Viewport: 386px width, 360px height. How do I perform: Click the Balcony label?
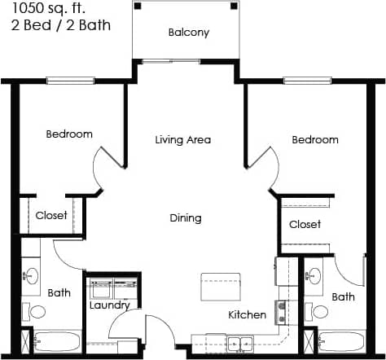point(189,33)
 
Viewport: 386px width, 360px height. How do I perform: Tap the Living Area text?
point(183,140)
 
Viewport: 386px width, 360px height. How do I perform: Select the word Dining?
point(186,218)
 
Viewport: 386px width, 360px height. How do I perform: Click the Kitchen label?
point(248,314)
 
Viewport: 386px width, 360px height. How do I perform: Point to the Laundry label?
point(110,305)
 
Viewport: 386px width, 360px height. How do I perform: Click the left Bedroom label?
point(69,134)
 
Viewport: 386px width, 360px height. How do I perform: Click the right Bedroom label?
point(315,140)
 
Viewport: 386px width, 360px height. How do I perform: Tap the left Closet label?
point(52,216)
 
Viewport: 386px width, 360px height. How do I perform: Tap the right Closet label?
point(305,224)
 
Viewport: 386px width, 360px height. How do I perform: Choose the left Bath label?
point(59,292)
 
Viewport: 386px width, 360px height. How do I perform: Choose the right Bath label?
point(344,297)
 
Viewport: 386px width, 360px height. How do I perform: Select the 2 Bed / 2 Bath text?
point(56,25)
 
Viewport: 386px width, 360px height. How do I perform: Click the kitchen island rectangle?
point(221,286)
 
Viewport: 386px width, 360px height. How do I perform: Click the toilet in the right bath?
point(319,311)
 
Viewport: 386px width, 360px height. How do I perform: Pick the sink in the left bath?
point(32,274)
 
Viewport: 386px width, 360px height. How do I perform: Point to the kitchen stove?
point(281,310)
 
